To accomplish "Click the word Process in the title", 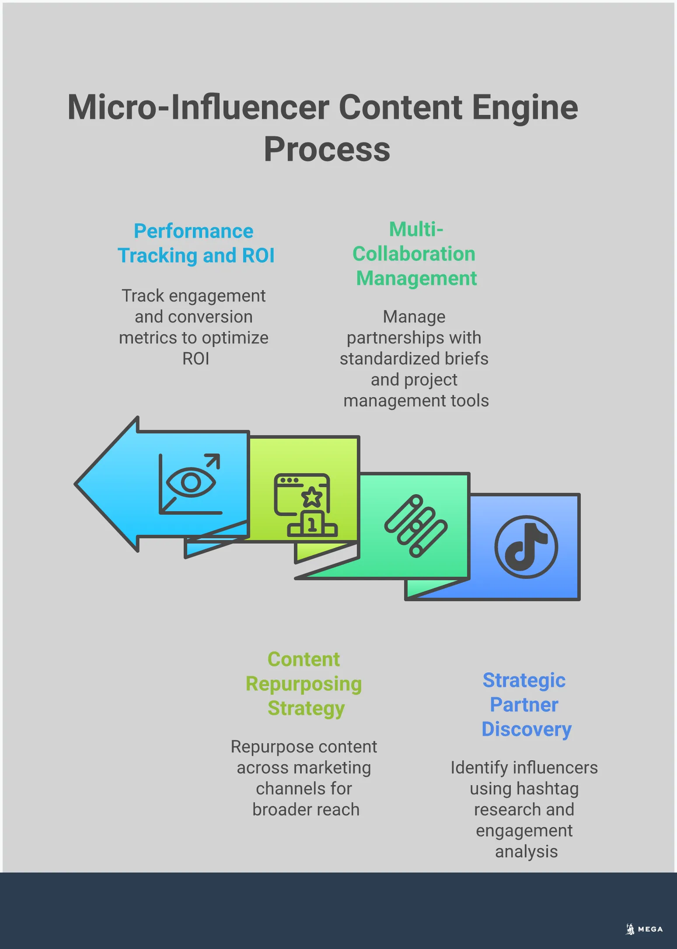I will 327,149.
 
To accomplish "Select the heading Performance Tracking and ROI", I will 195,243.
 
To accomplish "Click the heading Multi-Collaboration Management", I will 415,254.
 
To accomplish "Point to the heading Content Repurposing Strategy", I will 304,684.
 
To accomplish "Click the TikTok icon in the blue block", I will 526,547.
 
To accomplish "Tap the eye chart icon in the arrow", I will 190,484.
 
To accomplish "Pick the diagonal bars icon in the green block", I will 415,526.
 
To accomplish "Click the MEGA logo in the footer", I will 644,929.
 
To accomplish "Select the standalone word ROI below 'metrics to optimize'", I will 195,359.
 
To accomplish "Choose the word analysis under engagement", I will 526,852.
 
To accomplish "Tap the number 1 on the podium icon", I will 312,524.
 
